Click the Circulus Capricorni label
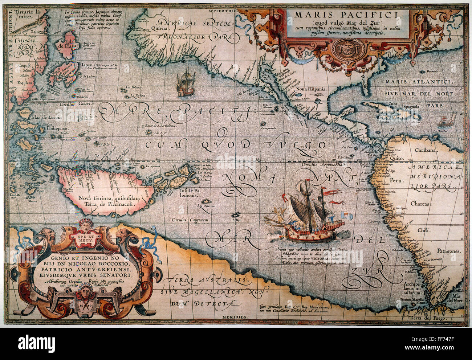point(188,219)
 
